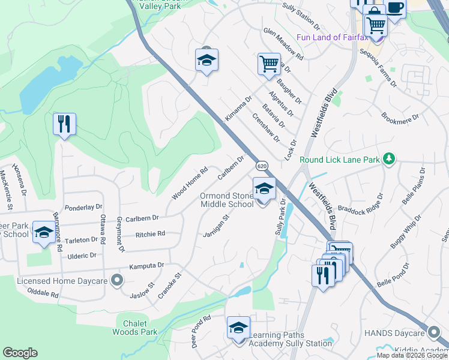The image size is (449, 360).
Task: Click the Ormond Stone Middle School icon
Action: (264, 188)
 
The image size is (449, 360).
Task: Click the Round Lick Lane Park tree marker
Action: (390, 158)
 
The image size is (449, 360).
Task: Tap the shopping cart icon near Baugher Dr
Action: (269, 63)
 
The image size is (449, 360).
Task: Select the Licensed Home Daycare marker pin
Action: (117, 280)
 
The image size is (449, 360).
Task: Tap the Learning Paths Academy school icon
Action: (238, 328)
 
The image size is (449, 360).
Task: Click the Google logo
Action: (20, 353)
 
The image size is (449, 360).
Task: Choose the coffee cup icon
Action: (395, 8)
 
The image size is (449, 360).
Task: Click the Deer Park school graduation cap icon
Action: (43, 232)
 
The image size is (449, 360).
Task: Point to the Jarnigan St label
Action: (217, 226)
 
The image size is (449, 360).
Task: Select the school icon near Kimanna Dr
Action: (206, 60)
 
